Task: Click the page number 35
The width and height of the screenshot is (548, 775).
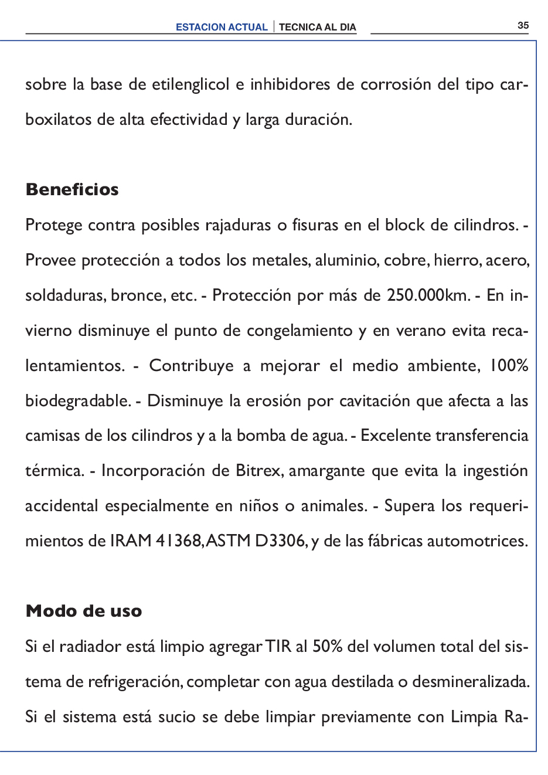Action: (x=523, y=25)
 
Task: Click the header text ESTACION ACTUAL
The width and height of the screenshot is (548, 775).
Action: (x=222, y=27)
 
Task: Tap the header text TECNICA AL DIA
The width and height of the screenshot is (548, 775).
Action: (x=317, y=27)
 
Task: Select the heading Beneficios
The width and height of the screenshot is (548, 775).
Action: (x=72, y=189)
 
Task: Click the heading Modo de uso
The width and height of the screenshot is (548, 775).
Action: (x=84, y=611)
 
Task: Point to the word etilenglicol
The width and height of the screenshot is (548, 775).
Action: (x=190, y=85)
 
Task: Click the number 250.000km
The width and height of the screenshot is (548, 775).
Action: (x=428, y=295)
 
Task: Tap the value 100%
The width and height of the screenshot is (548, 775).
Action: (x=509, y=365)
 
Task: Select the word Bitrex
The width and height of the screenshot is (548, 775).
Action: (x=257, y=471)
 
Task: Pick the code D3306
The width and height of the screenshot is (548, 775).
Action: (x=280, y=541)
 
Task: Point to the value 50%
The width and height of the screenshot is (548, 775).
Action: (x=328, y=647)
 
